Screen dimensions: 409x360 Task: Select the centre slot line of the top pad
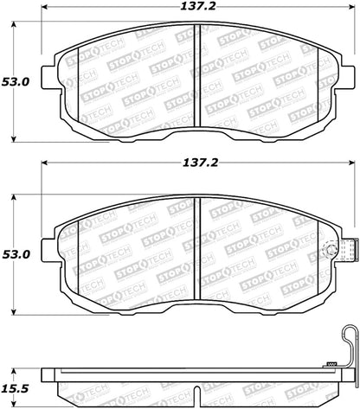point(199,82)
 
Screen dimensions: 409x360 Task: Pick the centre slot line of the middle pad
point(199,233)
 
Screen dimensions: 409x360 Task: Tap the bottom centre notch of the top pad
point(199,130)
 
